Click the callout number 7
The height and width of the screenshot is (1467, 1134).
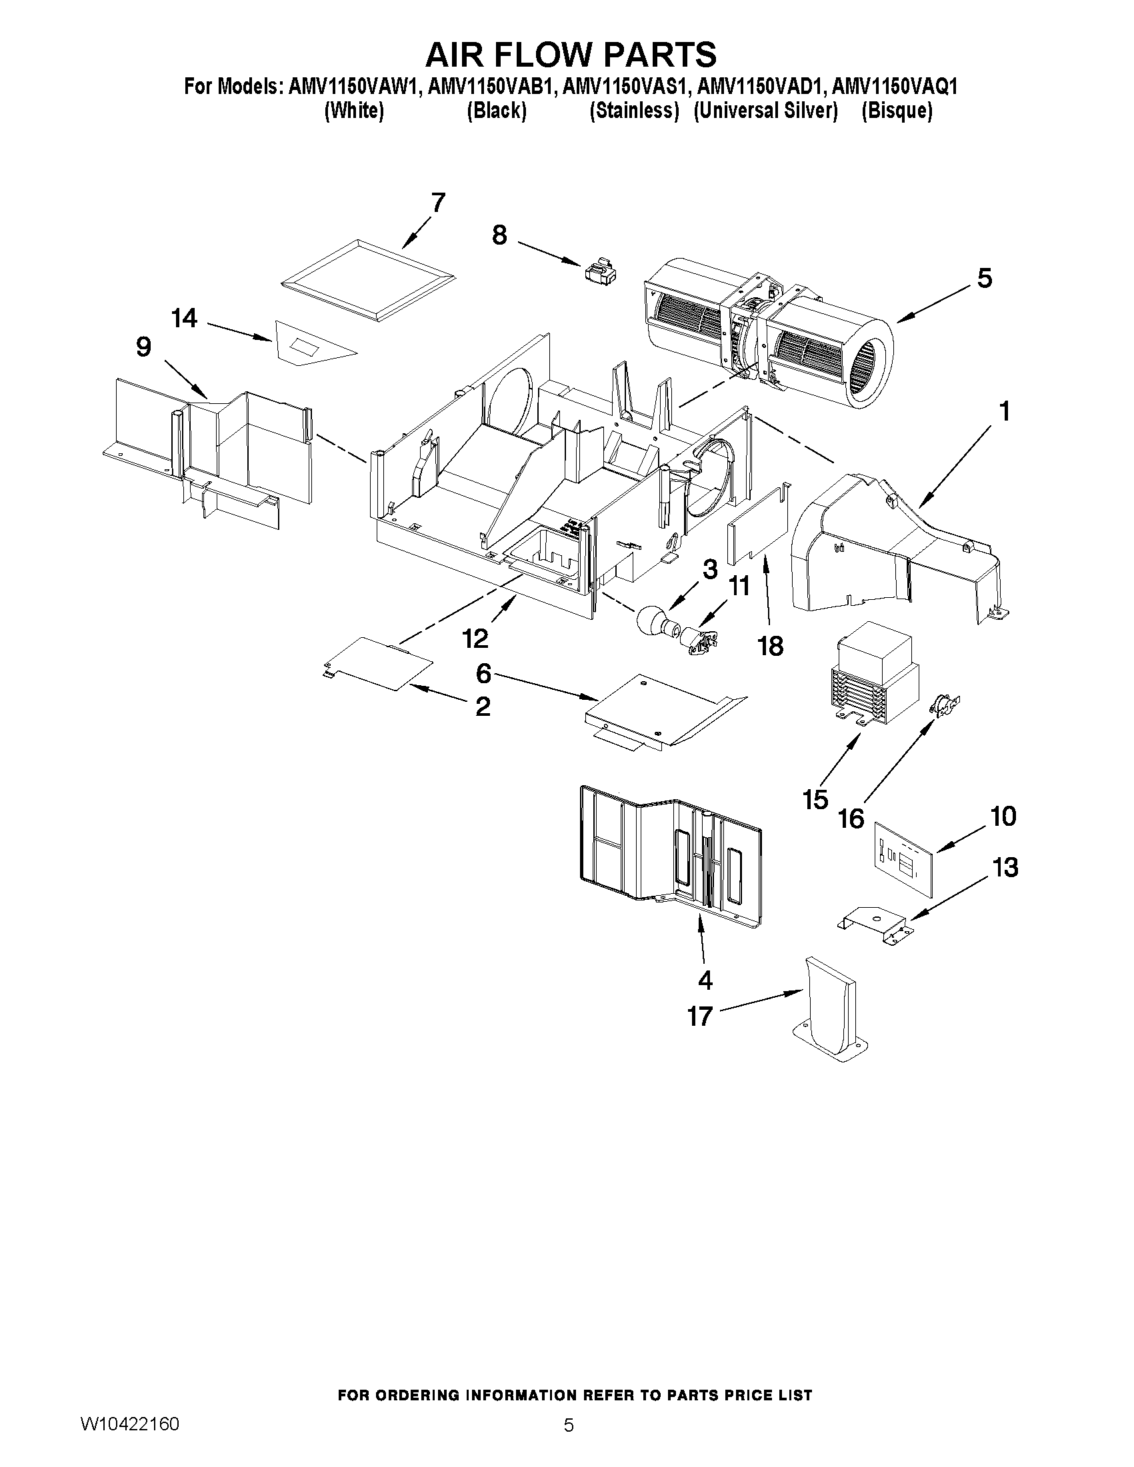[437, 203]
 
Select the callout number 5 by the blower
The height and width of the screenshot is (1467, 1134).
[983, 278]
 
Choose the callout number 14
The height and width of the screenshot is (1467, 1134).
[184, 319]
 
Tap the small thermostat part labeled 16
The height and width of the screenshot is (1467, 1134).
[944, 705]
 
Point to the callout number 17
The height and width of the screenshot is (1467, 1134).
[699, 1016]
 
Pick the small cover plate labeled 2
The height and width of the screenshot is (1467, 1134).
[376, 663]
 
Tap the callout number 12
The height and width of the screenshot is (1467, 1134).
[475, 639]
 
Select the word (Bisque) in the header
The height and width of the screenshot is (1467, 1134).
[896, 111]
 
